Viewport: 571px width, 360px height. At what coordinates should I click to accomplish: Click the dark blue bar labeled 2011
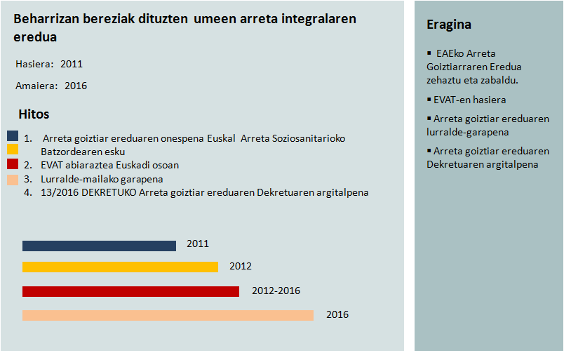pyautogui.click(x=99, y=246)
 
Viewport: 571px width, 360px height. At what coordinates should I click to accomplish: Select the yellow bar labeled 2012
pyautogui.click(x=120, y=267)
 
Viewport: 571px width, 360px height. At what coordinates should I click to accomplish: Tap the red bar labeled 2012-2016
pyautogui.click(x=130, y=291)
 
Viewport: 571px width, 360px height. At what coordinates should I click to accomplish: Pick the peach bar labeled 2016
pyautogui.click(x=168, y=315)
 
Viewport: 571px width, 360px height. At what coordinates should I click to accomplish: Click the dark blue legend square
pyautogui.click(x=13, y=136)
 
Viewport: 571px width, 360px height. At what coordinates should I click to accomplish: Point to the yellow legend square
pyautogui.click(x=13, y=149)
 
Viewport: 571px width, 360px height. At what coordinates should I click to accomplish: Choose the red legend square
pyautogui.click(x=13, y=164)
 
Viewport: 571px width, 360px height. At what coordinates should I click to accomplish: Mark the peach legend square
pyautogui.click(x=13, y=180)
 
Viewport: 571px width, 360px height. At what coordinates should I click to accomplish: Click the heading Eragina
pyautogui.click(x=449, y=25)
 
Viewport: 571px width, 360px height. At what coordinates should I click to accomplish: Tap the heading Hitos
pyautogui.click(x=34, y=114)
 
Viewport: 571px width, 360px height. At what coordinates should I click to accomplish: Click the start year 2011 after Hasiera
pyautogui.click(x=72, y=64)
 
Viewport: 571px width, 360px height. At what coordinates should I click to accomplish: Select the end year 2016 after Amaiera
pyautogui.click(x=76, y=86)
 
